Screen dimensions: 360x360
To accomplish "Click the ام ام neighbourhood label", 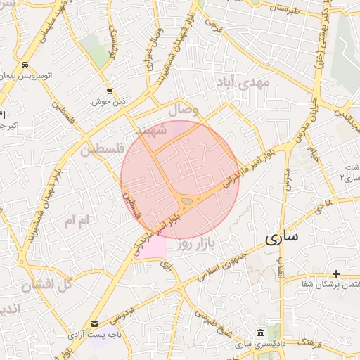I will point(77,221).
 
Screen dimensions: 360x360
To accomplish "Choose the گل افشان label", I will point(46,285).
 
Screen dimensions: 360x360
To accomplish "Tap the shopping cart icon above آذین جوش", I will point(110,91).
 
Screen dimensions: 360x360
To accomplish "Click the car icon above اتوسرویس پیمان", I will point(25,65).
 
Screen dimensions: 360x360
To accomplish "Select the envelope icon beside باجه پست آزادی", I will point(95,324).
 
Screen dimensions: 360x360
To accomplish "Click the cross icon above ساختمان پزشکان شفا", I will point(337,273).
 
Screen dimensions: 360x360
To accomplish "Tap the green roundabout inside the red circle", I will point(186,202).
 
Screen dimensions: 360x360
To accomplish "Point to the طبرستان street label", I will point(284,9).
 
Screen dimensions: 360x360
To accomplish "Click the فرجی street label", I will point(212,27).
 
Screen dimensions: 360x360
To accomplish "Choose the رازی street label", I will point(166,265).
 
